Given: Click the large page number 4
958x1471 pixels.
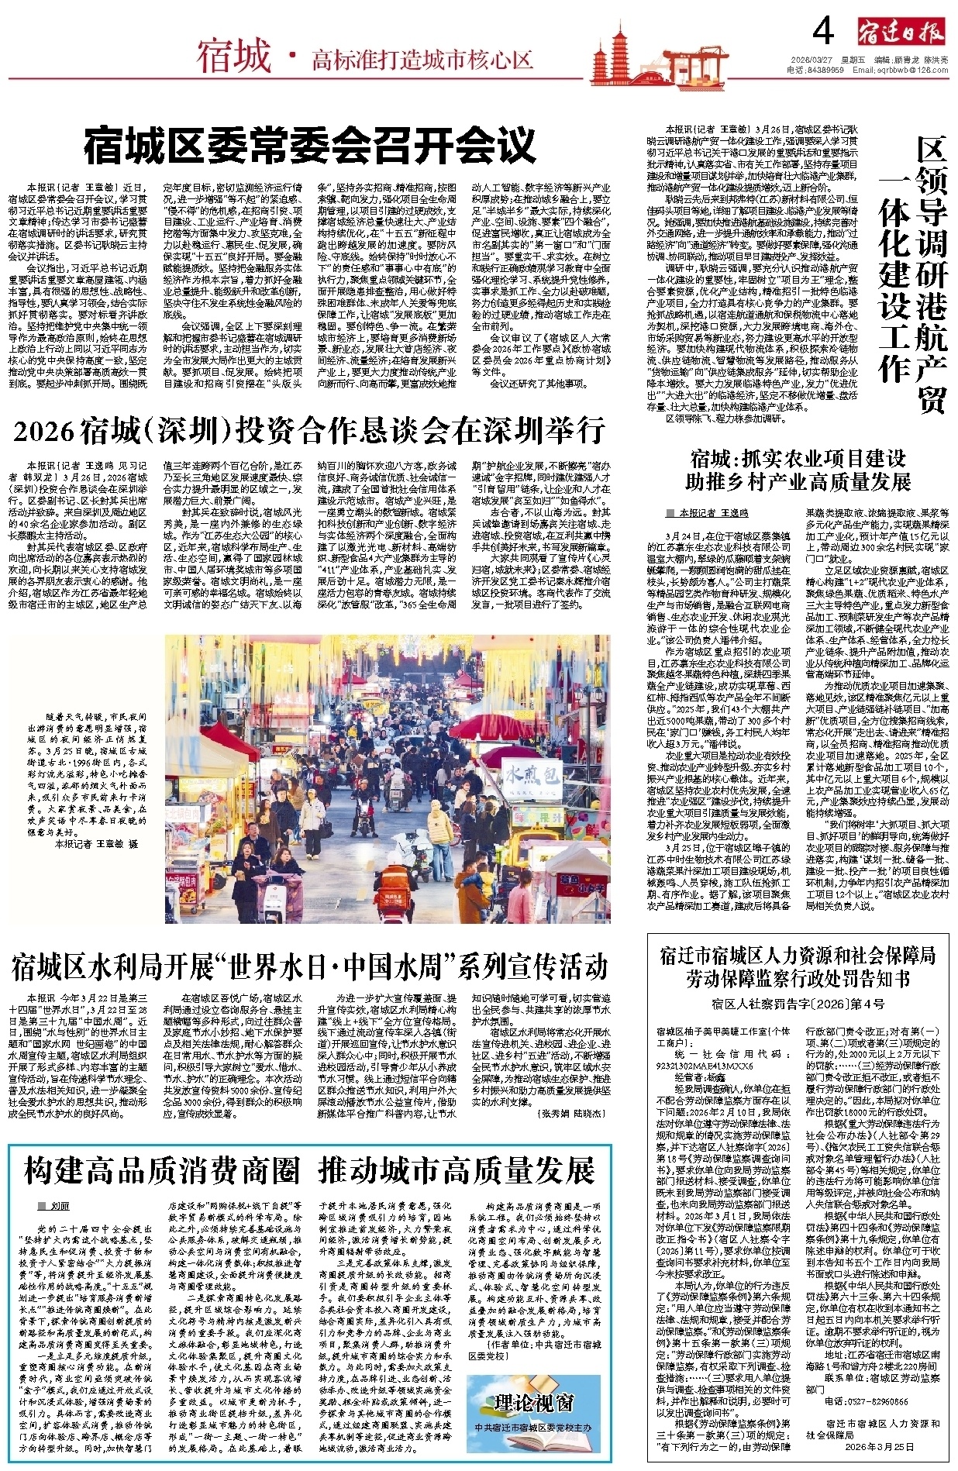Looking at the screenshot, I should pyautogui.click(x=823, y=33).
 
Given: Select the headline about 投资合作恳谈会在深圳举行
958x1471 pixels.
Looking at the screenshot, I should pyautogui.click(x=308, y=431).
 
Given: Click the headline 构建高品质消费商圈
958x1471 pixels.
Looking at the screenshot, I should pyautogui.click(x=162, y=1170).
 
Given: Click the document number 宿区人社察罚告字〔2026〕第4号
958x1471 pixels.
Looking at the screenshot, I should pyautogui.click(x=798, y=1005).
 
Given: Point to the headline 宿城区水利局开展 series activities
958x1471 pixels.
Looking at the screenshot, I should pyautogui.click(x=308, y=966).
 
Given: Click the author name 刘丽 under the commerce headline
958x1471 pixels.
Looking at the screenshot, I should pyautogui.click(x=60, y=1207).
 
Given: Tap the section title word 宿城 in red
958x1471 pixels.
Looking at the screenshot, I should pyautogui.click(x=233, y=57).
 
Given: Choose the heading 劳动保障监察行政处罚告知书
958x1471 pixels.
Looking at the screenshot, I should pyautogui.click(x=798, y=978).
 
